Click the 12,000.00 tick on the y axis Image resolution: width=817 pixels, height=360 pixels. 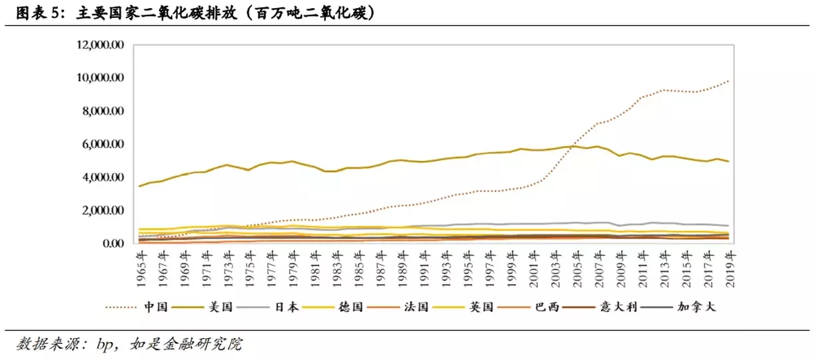[x=101, y=45]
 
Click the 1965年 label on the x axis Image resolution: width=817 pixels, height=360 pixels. [x=139, y=271]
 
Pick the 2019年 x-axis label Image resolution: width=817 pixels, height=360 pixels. [x=729, y=271]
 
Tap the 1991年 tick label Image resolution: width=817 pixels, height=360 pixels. [x=423, y=271]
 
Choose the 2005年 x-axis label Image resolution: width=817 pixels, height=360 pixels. [x=576, y=271]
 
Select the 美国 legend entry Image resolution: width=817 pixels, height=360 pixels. [x=220, y=307]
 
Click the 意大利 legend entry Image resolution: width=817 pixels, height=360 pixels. [x=615, y=307]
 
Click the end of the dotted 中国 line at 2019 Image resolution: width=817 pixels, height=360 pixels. [x=729, y=81]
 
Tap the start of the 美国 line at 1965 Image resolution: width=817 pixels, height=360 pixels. [x=139, y=186]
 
